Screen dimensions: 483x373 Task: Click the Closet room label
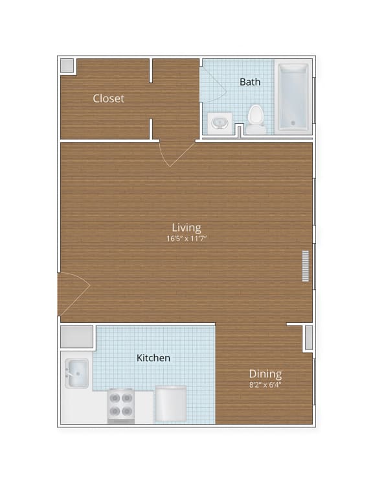[x=108, y=99]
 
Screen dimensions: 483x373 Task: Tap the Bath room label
[x=250, y=82]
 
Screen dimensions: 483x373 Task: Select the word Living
[x=186, y=228]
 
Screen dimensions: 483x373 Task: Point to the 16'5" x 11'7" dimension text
[x=186, y=239]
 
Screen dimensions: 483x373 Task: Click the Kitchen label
[x=153, y=358]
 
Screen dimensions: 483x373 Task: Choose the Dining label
[x=266, y=374]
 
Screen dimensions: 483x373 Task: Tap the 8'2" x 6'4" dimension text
[x=266, y=384]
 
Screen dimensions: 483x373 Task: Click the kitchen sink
[x=76, y=373]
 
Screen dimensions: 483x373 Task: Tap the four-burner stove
[x=121, y=405]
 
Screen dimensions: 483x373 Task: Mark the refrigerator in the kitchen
[x=170, y=404]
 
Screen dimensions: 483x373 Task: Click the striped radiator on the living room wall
[x=306, y=266]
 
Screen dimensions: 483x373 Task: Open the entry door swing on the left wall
[x=73, y=295]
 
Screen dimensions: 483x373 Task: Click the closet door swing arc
[x=176, y=154]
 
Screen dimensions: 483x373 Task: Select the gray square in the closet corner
[x=67, y=65]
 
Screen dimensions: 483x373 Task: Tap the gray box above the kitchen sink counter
[x=76, y=337]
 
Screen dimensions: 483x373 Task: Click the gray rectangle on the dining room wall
[x=308, y=338]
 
